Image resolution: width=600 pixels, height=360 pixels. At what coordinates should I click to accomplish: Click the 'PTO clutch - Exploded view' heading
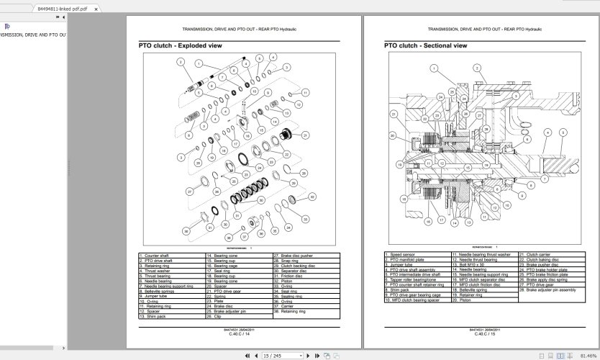click(x=180, y=45)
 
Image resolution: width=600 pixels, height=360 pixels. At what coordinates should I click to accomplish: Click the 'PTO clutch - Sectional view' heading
click(x=425, y=45)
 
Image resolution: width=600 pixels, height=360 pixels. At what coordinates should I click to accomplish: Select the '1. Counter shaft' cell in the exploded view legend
click(x=171, y=256)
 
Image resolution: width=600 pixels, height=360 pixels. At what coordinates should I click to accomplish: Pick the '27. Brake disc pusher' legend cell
click(x=305, y=256)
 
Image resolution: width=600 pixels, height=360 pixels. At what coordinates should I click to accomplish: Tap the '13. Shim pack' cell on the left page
click(x=171, y=316)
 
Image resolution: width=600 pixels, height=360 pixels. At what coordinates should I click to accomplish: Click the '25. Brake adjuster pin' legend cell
click(x=238, y=311)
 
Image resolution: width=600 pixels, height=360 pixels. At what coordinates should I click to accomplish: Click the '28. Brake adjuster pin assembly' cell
click(x=550, y=290)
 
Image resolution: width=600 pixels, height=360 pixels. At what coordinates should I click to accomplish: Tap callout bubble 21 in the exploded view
click(x=305, y=135)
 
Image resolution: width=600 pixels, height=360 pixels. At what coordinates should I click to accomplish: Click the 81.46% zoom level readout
click(x=587, y=355)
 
